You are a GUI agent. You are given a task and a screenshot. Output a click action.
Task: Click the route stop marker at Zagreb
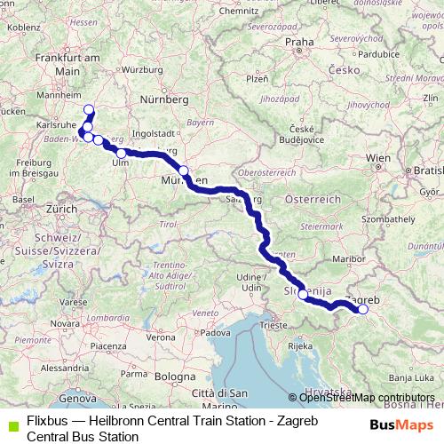tap(362, 309)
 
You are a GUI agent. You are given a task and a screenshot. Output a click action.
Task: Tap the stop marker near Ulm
tap(121, 154)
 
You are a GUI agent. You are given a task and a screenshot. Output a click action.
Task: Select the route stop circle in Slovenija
tap(303, 294)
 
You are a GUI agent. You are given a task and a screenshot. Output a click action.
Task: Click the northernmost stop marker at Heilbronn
tap(88, 110)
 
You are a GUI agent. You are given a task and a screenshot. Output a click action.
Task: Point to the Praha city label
tap(299, 41)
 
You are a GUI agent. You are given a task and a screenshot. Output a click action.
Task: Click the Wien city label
tap(377, 157)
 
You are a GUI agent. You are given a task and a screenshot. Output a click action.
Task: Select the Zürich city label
tap(62, 208)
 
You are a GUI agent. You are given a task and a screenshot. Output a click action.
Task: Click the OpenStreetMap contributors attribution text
tap(366, 397)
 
